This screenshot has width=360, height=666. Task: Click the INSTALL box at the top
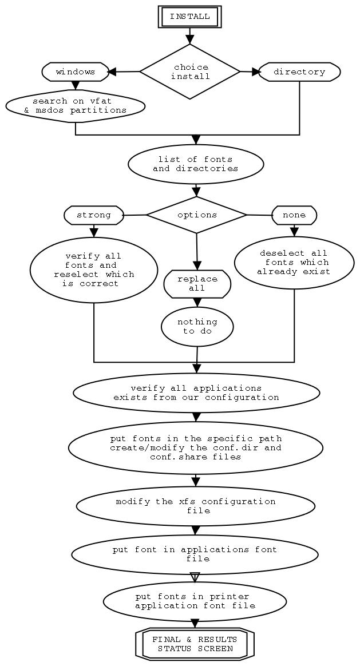(189, 17)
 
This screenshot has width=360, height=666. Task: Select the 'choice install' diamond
(190, 72)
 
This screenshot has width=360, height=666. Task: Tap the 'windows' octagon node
(76, 72)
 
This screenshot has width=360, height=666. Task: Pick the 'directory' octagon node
(299, 72)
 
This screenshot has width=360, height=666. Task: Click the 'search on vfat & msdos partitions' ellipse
(76, 106)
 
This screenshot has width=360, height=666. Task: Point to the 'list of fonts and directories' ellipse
(196, 164)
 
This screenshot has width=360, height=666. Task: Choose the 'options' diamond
(197, 215)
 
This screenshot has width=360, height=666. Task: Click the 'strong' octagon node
(94, 215)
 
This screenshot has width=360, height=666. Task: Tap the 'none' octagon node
(294, 215)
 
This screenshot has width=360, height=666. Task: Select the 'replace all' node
(197, 284)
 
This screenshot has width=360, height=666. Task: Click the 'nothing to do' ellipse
(197, 327)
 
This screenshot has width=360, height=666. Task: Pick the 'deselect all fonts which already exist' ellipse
(294, 263)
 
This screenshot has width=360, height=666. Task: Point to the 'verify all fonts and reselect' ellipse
(94, 269)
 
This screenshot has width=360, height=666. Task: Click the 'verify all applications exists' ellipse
(196, 393)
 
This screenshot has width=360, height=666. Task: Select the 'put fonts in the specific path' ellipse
(196, 447)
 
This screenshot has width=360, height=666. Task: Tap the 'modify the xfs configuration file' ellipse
(195, 506)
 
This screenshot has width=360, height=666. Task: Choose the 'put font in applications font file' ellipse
(195, 554)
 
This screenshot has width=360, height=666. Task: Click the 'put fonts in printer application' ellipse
(195, 601)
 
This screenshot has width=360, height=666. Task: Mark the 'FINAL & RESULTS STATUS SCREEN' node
(195, 644)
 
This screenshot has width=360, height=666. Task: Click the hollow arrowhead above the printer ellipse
(195, 577)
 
